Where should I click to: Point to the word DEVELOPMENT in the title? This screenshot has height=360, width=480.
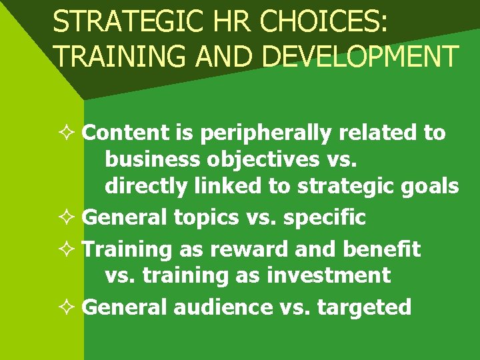coord(360,56)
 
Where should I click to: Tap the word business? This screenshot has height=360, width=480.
coord(151,159)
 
